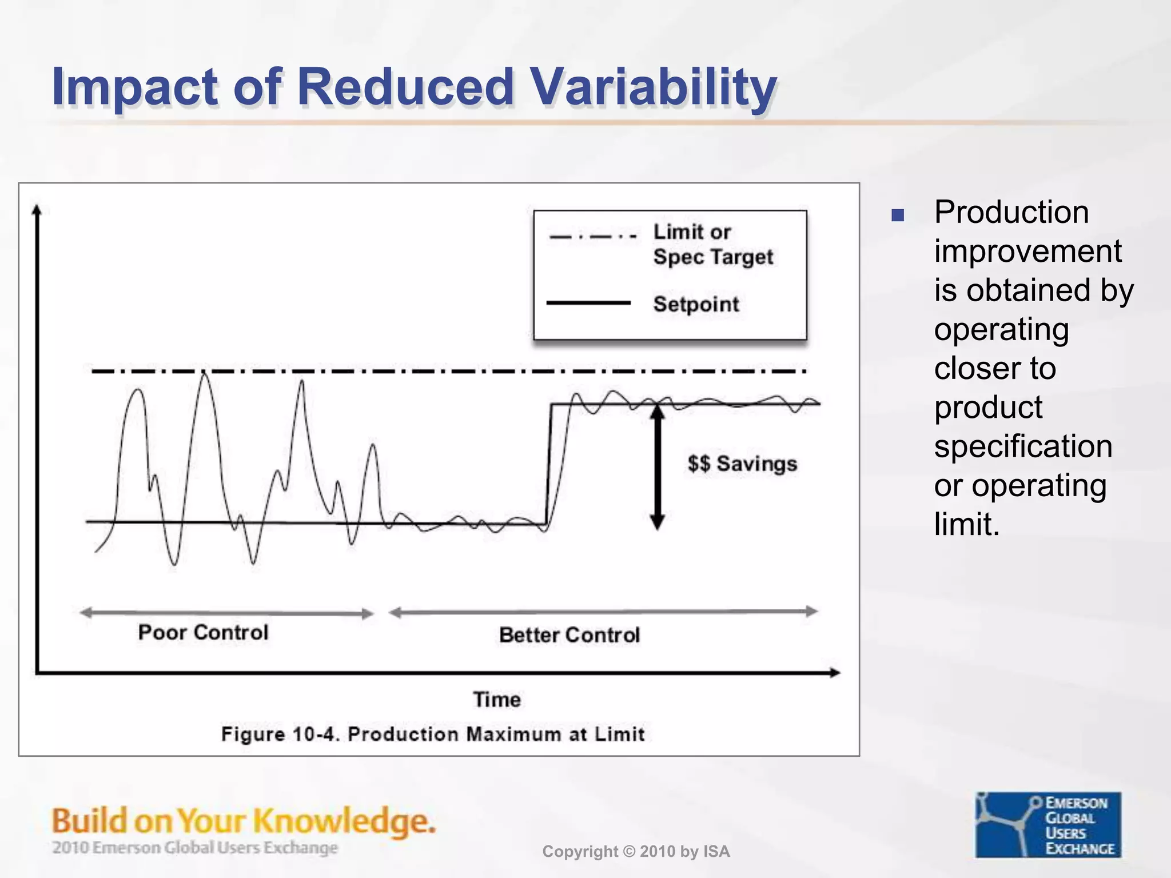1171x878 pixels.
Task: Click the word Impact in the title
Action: coord(134,87)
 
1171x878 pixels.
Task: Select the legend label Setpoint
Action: coord(696,304)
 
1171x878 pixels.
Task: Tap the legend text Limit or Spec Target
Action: coord(712,245)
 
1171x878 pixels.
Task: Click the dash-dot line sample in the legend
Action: coord(592,236)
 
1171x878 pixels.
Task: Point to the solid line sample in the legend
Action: coord(588,303)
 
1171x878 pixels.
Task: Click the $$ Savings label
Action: coord(742,464)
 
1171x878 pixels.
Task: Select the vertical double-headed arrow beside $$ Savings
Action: coord(658,466)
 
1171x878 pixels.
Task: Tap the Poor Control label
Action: coord(203,633)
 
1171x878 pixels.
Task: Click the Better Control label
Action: coord(569,635)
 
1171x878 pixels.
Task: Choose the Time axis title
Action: coord(497,700)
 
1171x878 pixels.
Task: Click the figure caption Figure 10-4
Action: coord(433,734)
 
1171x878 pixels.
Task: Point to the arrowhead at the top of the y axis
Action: coord(37,210)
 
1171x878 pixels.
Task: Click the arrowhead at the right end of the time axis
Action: coord(834,673)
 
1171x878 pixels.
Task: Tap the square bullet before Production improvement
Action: coord(898,215)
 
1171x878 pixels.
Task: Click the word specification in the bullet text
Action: coord(1023,446)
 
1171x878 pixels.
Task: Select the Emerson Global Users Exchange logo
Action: coord(1047,825)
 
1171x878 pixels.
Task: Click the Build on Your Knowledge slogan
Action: coord(244,821)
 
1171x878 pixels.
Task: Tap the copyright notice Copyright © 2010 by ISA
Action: coord(636,852)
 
